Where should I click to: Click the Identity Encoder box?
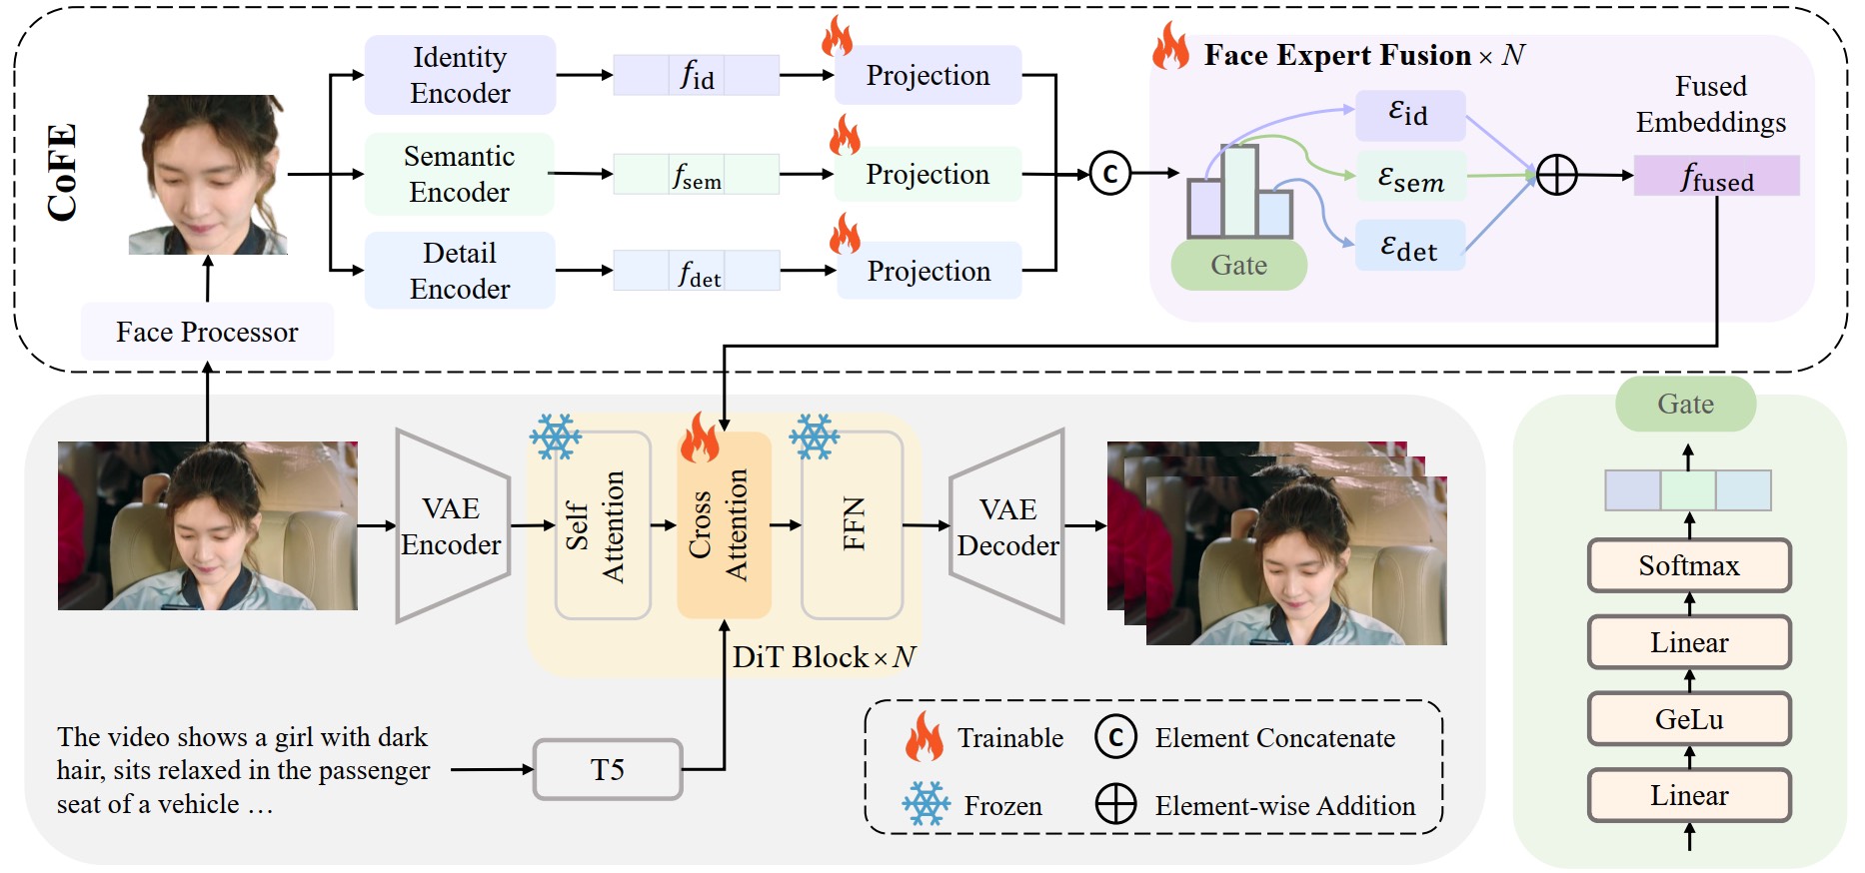[460, 75]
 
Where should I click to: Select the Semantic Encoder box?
[459, 174]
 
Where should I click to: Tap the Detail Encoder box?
[460, 271]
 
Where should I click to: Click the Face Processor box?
[207, 332]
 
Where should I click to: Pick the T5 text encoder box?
[607, 769]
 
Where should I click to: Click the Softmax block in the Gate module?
[1688, 566]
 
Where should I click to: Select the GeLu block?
[1688, 719]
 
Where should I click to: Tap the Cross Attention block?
[724, 525]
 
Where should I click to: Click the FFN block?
[852, 525]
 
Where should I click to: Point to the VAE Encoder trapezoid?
[452, 526]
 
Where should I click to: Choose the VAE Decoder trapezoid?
[1007, 527]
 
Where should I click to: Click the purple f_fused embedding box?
[1716, 176]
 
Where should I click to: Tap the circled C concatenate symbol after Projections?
[1109, 174]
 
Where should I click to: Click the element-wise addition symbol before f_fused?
[1556, 175]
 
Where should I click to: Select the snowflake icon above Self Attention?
[556, 436]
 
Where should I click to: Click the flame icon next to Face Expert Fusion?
[1170, 47]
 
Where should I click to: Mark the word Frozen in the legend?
[1002, 806]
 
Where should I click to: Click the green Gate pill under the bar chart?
[1238, 266]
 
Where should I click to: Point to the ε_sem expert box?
[1410, 177]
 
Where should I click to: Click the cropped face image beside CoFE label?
[208, 175]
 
